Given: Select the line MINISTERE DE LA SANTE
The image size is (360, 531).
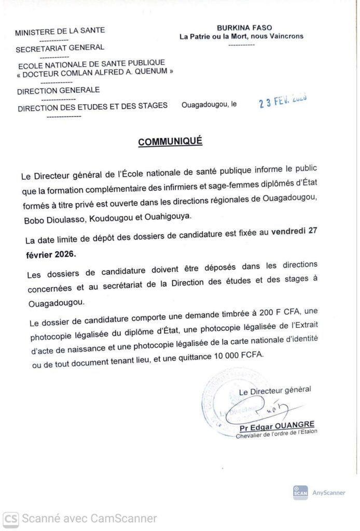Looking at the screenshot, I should click(x=53, y=32).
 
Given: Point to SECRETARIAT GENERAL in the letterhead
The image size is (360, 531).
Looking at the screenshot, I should click(x=60, y=48).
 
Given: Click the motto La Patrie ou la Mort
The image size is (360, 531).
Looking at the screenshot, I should click(x=241, y=36).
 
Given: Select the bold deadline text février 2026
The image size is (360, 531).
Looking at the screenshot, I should click(x=53, y=255).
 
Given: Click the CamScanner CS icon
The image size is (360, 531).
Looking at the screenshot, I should click(x=11, y=518).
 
